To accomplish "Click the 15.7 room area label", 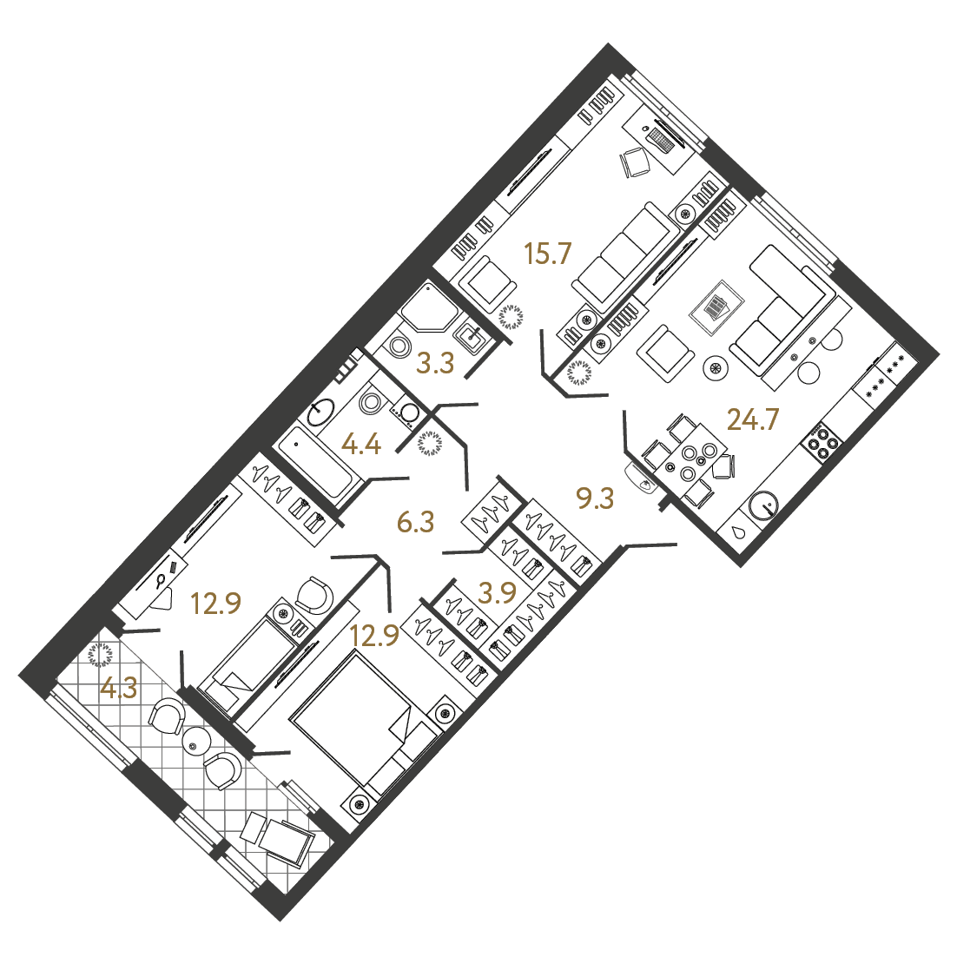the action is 547,253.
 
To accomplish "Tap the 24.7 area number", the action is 753,420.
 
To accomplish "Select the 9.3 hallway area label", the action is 595,498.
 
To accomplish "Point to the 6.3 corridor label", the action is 415,522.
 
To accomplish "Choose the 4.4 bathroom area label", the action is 361,445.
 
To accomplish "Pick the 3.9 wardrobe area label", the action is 498,592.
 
